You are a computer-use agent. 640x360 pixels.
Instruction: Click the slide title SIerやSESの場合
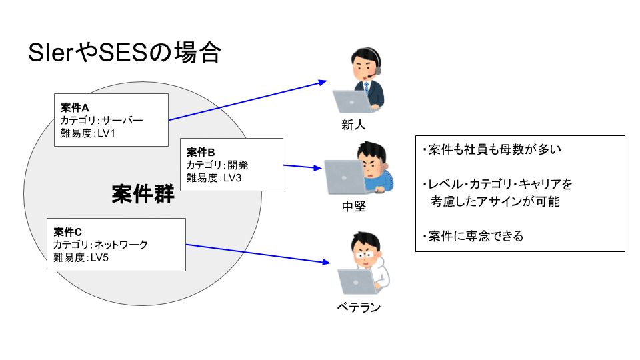point(124,53)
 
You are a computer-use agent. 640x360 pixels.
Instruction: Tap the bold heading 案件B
point(201,153)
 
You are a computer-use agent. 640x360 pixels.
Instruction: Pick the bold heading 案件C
point(68,232)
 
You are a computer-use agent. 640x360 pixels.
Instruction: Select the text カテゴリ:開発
point(217,165)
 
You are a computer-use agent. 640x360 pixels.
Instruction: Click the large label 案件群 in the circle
point(143,194)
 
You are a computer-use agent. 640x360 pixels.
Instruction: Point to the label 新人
point(353,125)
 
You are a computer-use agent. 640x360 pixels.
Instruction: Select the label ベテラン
point(359,307)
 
